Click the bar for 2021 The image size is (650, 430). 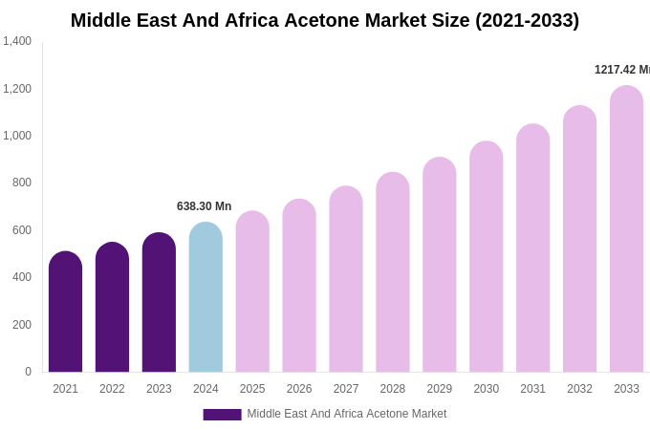[65, 312]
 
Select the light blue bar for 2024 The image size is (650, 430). [206, 298]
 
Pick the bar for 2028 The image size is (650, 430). [392, 273]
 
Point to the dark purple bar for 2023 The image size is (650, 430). [159, 303]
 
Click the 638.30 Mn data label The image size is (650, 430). [204, 206]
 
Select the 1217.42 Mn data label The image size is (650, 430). [621, 70]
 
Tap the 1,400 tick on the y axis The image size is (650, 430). [17, 41]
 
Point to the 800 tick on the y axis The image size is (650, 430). [21, 183]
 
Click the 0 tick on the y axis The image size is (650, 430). [28, 372]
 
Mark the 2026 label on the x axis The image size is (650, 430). [299, 389]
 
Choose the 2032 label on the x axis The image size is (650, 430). [579, 389]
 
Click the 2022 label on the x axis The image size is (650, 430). [112, 389]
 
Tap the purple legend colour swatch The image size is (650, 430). [222, 415]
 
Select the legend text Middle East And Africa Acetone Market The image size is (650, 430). [346, 414]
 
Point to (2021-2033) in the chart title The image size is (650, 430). [527, 20]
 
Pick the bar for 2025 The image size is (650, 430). [252, 292]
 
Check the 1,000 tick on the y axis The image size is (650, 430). [17, 136]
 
